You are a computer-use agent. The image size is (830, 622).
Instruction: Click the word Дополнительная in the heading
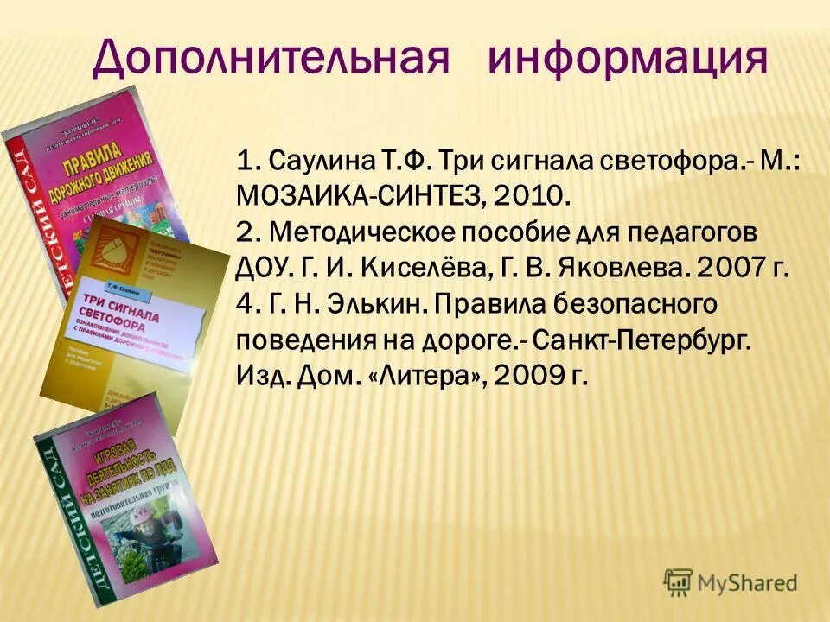271,59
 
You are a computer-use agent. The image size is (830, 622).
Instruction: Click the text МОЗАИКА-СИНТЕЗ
361,197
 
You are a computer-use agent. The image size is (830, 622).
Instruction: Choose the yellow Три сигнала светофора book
138,320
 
